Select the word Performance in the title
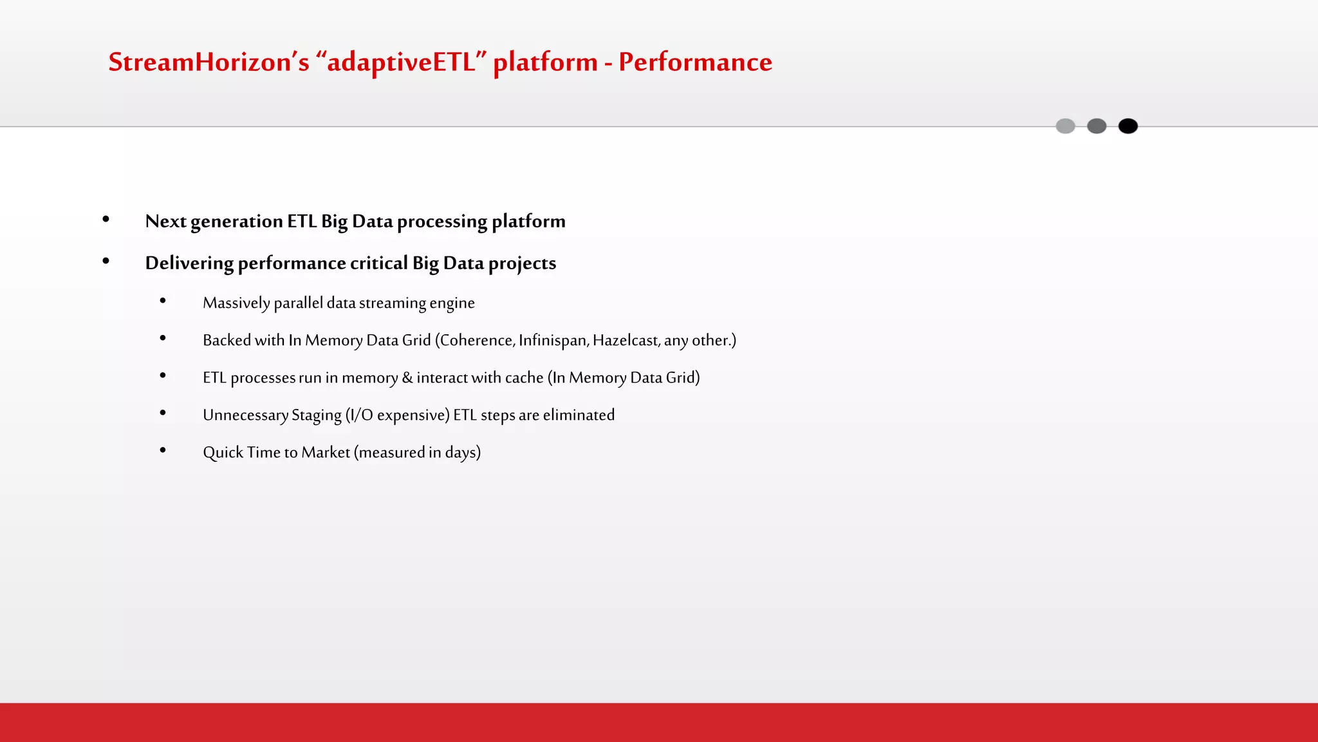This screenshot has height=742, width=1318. (695, 62)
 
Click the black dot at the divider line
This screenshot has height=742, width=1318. (1128, 126)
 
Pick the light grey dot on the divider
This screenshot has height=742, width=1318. (1065, 126)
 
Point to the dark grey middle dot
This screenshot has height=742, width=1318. (1097, 126)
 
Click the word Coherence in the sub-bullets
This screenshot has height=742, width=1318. (476, 340)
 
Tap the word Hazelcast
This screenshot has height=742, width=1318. (626, 340)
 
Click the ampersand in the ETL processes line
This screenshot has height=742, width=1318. (407, 377)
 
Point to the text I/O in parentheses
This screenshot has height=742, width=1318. (361, 415)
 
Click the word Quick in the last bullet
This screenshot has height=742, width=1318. (223, 452)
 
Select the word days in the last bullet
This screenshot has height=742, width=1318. (460, 452)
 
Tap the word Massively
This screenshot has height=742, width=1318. (236, 303)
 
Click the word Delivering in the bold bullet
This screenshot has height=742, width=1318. (189, 263)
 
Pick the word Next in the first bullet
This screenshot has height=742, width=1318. (165, 221)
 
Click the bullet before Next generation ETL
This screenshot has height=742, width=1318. (106, 220)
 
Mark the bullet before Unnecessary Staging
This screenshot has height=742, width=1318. (163, 413)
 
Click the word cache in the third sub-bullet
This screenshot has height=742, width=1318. (524, 377)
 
